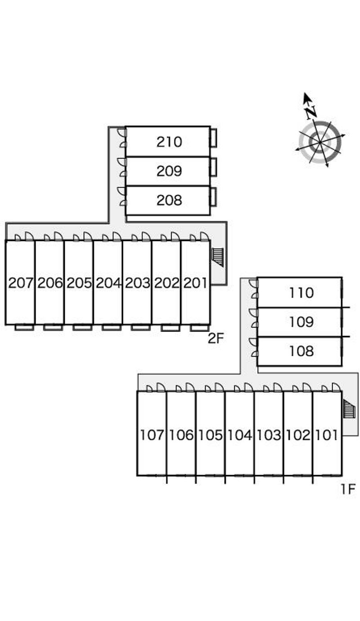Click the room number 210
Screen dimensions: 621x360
[169, 142]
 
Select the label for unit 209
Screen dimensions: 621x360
[169, 171]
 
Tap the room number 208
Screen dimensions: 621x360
[169, 200]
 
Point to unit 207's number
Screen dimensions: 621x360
[21, 283]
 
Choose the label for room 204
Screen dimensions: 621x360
[108, 283]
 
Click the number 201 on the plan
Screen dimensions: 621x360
[195, 283]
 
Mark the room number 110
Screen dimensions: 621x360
[301, 293]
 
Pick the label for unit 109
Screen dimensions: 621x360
[301, 322]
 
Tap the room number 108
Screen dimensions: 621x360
[301, 351]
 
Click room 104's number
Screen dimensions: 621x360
[240, 435]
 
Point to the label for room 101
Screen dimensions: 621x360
[327, 435]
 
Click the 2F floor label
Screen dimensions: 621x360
[216, 338]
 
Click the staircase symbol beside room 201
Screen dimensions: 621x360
[217, 257]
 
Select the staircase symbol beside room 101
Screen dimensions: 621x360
[348, 409]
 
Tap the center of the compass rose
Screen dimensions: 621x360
[320, 143]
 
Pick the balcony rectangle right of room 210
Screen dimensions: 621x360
[214, 138]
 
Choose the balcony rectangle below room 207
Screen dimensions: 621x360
[24, 327]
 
